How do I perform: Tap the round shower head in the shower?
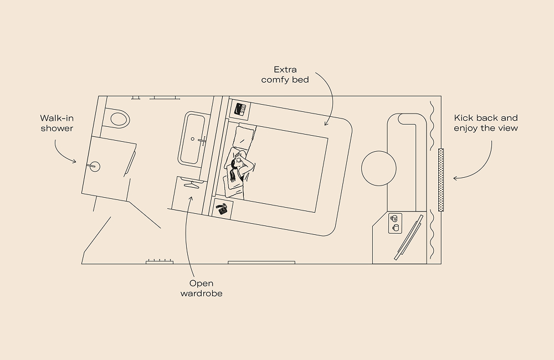tap(95, 165)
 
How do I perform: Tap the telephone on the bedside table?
tap(223, 209)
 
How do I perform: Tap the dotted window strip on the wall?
tap(441, 179)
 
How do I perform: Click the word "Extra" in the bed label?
tap(285, 70)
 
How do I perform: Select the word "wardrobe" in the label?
tap(201, 294)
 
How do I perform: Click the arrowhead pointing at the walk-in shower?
tap(75, 161)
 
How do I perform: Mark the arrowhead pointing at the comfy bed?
tap(326, 121)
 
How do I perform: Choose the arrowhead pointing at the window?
tap(454, 178)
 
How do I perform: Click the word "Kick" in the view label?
tap(463, 118)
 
